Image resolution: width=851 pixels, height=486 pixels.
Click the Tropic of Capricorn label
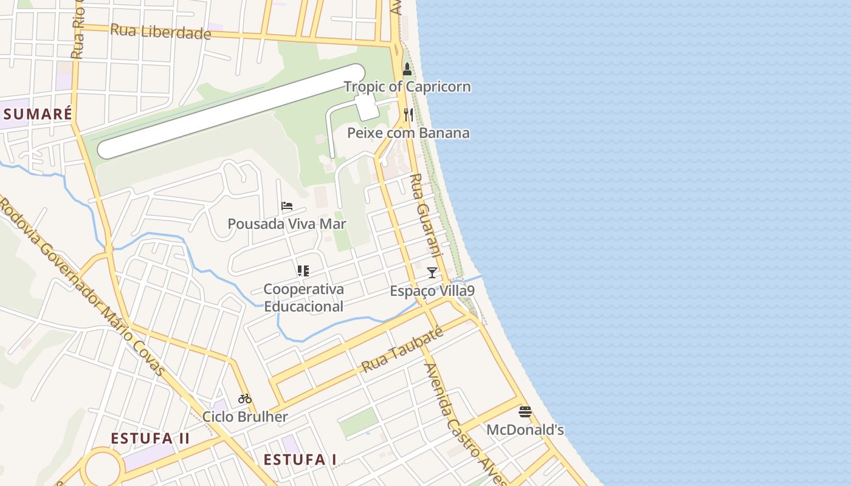[407, 87]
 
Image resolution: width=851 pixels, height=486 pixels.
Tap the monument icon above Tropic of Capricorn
[407, 69]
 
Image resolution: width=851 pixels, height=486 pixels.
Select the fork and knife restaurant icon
[408, 114]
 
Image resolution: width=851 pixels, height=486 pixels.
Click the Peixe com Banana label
[408, 133]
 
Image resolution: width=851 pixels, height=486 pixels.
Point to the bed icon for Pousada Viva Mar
[287, 206]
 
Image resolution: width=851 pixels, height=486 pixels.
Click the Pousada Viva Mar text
[287, 224]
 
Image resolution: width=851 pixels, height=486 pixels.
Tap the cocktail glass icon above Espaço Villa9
[432, 272]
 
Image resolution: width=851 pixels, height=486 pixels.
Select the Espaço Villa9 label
[432, 291]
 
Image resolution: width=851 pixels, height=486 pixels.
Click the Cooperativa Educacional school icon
[303, 271]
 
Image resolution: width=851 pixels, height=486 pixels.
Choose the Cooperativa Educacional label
[303, 298]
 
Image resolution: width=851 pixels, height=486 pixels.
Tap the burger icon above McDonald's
[525, 412]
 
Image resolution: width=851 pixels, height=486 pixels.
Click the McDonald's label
[525, 430]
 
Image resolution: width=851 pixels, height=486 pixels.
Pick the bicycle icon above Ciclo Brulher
[245, 399]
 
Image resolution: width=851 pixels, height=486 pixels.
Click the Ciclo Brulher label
[245, 417]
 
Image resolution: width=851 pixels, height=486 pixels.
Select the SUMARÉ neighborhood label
[38, 114]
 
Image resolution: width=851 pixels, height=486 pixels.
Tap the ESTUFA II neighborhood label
[150, 439]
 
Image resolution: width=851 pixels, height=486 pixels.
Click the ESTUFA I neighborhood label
[300, 460]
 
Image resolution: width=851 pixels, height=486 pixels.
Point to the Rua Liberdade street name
[160, 31]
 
